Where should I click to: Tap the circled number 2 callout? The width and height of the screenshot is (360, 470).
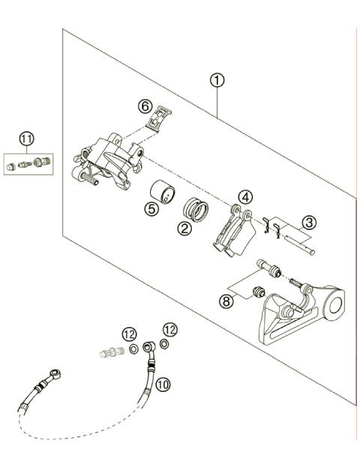coord(184,229)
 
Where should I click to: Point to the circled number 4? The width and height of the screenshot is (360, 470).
coord(244,197)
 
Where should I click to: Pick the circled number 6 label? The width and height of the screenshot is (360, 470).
coord(147,106)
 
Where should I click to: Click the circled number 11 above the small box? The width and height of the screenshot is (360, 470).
coord(27,139)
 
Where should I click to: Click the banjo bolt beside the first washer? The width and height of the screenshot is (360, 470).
coord(110,351)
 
